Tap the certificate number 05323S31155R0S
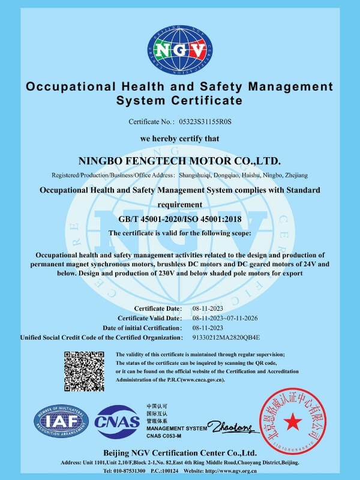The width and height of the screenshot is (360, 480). click(205, 122)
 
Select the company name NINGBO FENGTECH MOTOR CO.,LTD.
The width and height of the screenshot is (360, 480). click(180, 161)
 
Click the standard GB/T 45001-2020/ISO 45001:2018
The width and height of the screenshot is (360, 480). click(179, 220)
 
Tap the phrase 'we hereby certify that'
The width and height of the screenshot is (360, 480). click(179, 139)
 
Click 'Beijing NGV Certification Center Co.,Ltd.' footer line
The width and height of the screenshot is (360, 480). click(179, 452)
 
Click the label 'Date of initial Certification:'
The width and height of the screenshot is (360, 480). click(142, 328)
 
